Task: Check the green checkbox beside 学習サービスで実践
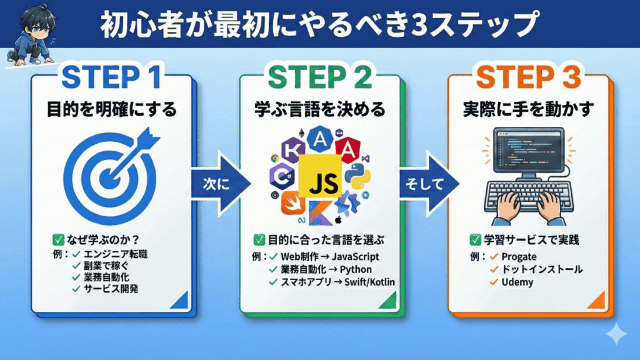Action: (x=475, y=239)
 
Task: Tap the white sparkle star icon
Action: (x=617, y=334)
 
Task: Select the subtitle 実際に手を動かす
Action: (x=529, y=109)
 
